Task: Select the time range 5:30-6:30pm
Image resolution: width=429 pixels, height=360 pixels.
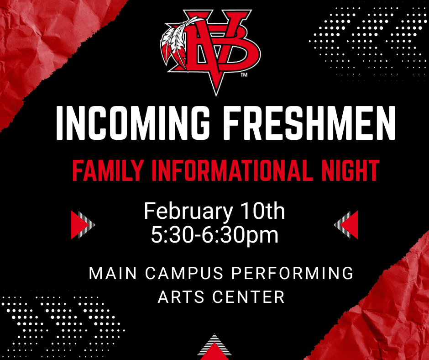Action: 214,235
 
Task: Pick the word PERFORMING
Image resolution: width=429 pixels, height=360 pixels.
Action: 292,274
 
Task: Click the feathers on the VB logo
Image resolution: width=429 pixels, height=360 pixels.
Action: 175,43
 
